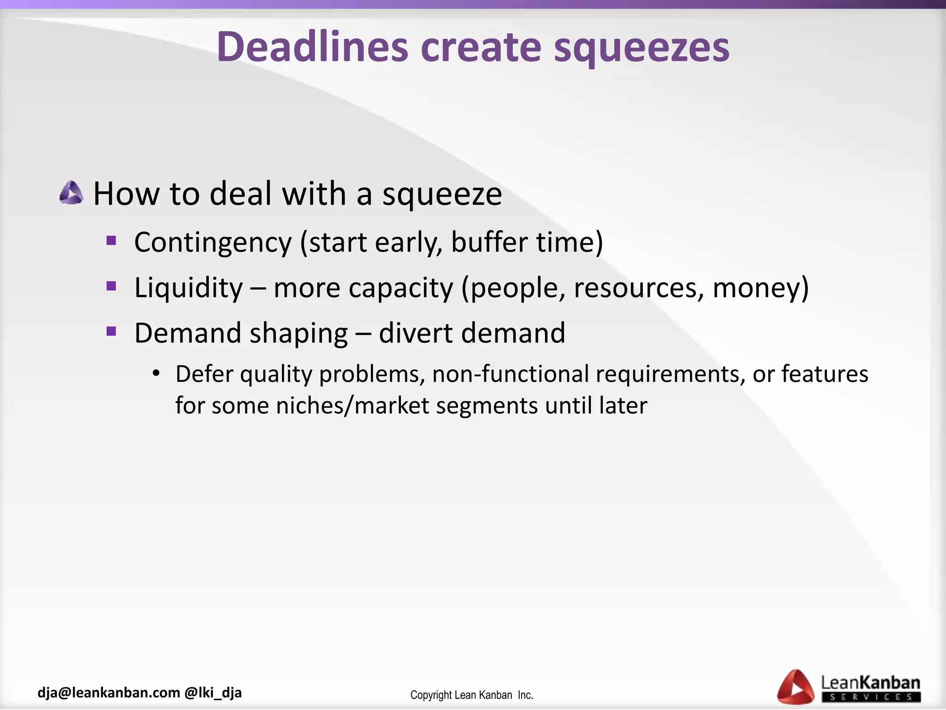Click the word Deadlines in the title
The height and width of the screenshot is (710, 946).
pos(313,47)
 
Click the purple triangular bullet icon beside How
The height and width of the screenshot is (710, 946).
pos(72,193)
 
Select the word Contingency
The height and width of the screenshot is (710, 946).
pos(213,243)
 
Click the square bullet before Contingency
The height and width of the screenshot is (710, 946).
pos(111,241)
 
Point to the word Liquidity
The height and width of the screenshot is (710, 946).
pos(188,288)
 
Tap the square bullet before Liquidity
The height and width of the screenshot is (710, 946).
pos(111,286)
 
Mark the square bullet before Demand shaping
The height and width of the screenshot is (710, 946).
pos(111,331)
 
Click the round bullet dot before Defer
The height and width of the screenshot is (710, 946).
pos(156,373)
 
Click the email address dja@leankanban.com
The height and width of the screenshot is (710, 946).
pos(109,692)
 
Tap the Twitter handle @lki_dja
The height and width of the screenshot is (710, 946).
pos(213,692)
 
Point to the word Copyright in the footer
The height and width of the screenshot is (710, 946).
pos(431,695)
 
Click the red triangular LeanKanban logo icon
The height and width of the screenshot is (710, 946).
pos(795,687)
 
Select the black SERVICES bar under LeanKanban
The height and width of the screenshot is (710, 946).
pos(871,697)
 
